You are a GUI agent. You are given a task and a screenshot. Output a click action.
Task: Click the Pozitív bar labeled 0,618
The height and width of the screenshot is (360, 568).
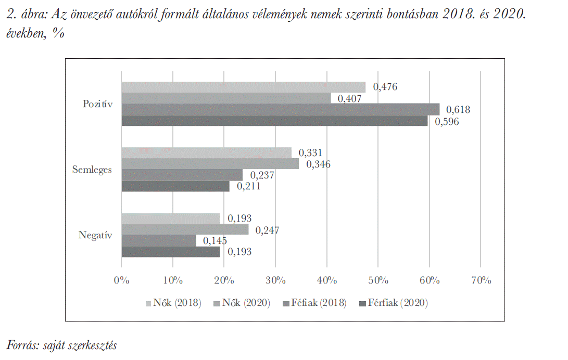tap(280, 109)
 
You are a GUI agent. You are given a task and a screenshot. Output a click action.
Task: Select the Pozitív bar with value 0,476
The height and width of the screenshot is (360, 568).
tap(243, 87)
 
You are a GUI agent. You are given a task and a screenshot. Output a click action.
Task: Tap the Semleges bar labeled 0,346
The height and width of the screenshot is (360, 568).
tap(210, 164)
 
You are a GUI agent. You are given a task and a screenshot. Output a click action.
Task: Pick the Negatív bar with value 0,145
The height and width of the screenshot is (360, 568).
tap(158, 240)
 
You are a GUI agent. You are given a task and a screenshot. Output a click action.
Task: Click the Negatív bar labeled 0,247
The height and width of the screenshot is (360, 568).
tap(185, 229)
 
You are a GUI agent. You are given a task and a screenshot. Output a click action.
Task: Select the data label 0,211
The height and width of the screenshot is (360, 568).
tap(249, 186)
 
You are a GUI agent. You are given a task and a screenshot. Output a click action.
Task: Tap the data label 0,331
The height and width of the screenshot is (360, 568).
tap(311, 153)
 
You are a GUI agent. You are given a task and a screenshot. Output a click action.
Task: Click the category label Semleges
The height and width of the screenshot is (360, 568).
tap(92, 170)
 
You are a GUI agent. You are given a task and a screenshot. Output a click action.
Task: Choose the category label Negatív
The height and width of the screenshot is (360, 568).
tap(95, 235)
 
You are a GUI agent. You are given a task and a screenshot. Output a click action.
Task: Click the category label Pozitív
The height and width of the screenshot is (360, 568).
tap(97, 104)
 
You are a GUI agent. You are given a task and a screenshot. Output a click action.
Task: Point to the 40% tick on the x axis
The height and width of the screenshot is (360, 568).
tap(327, 280)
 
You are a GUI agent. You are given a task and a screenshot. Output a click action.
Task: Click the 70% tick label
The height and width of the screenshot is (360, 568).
tap(481, 280)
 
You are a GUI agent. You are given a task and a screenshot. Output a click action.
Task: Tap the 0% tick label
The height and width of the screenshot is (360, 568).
tap(121, 280)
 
